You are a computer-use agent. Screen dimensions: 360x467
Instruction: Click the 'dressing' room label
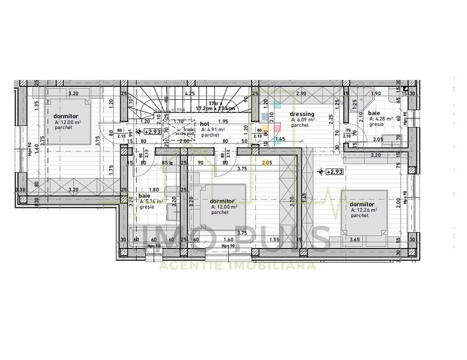[302, 114]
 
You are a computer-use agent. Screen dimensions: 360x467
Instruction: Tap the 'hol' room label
[204, 124]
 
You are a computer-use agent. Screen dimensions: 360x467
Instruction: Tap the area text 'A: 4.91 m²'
[214, 130]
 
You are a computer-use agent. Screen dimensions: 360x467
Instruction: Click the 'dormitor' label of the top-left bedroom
[64, 117]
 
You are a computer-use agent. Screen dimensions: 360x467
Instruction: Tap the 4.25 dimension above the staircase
[190, 93]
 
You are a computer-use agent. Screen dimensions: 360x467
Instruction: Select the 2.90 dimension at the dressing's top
[301, 93]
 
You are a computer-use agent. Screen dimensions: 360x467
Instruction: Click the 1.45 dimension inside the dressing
[280, 139]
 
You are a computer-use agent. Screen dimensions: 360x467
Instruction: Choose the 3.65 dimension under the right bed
[354, 239]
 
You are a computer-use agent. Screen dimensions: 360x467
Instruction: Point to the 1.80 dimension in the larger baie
[154, 189]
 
